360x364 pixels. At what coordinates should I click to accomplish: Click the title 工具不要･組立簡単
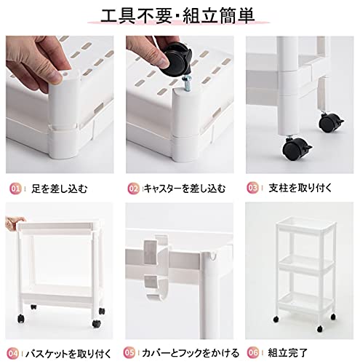[177, 16]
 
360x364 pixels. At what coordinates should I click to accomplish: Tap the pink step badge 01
[15, 189]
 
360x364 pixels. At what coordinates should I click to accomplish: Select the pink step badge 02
[133, 189]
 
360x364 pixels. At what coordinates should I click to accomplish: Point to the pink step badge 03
[253, 188]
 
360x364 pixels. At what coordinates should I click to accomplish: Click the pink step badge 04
[12, 353]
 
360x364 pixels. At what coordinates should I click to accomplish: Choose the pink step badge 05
[129, 352]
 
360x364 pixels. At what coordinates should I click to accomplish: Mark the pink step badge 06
[253, 352]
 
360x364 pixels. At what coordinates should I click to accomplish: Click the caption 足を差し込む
[59, 189]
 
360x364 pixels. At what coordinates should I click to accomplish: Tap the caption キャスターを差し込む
[185, 189]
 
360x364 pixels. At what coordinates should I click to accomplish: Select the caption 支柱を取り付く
[300, 188]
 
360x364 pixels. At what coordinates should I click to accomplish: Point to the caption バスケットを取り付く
[68, 354]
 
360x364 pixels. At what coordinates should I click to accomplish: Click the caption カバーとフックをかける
[191, 352]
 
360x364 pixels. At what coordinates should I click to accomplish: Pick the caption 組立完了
[287, 352]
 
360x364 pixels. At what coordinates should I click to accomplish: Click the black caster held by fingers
[176, 59]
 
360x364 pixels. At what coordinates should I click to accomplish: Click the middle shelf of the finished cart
[305, 264]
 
